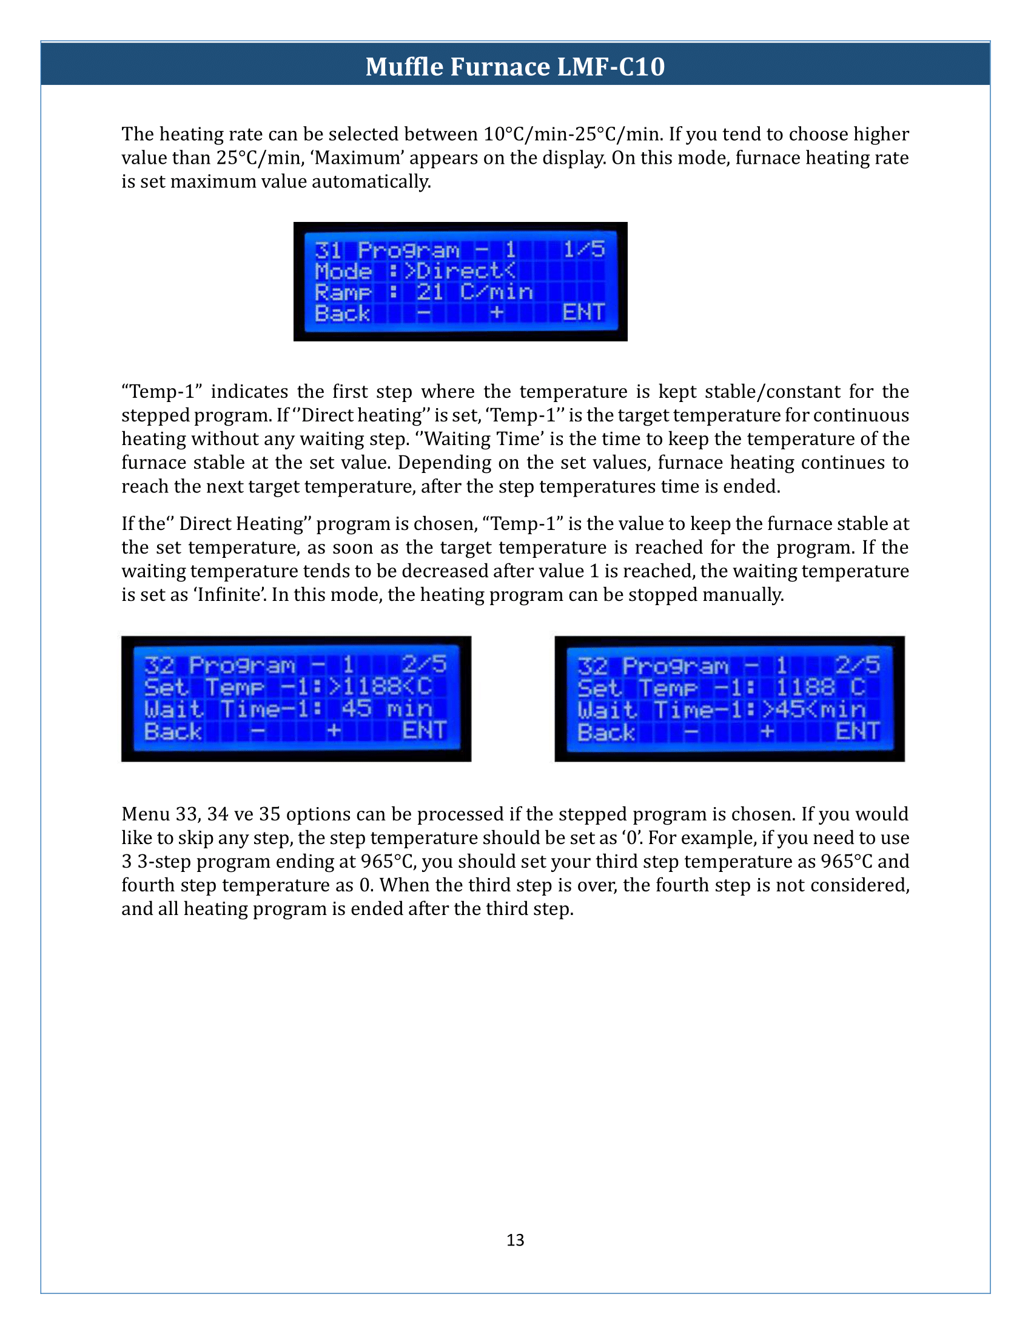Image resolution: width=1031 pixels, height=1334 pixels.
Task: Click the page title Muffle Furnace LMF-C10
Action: (x=515, y=66)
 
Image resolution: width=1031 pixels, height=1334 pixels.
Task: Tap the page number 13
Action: (x=515, y=1239)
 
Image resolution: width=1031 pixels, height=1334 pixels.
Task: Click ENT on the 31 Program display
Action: (x=583, y=313)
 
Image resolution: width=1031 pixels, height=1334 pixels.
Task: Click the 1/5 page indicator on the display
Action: (x=583, y=249)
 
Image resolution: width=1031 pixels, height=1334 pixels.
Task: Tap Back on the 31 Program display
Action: (x=343, y=313)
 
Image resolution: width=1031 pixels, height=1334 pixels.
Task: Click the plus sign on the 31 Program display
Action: (x=497, y=313)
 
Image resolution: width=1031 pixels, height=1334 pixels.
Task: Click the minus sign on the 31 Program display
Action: (x=423, y=313)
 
